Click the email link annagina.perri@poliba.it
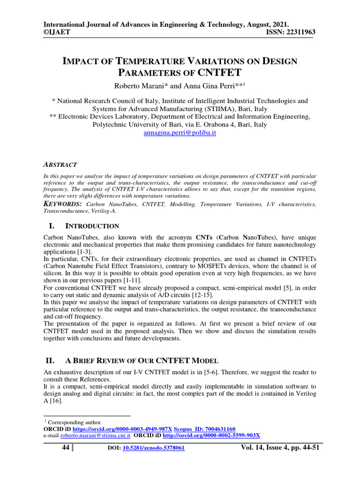click(180, 133)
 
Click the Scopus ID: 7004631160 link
click(204, 429)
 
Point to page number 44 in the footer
click(66, 448)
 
